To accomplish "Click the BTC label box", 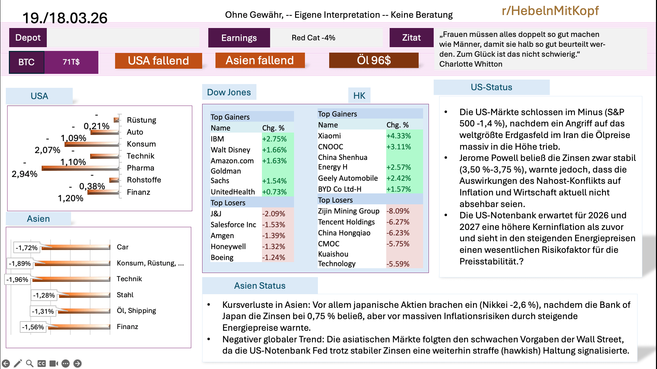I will point(27,62).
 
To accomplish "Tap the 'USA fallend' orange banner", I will point(158,61).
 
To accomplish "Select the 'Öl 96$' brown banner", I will point(374,60).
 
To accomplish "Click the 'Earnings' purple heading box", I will point(239,38).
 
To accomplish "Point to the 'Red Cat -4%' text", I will point(313,38).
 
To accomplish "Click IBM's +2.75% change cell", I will point(275,139).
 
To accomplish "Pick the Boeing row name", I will point(222,258).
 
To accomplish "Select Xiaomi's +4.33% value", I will point(399,136).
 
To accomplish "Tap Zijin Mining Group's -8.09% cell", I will point(398,211).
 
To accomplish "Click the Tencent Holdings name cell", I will point(346,222).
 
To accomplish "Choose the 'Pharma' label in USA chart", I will point(140,168).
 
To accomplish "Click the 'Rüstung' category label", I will point(141,120).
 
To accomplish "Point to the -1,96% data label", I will point(17,280).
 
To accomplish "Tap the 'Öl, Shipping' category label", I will point(136,311).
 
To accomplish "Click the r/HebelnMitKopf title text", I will point(550,11).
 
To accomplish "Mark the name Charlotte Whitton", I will point(471,64).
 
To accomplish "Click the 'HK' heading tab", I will point(359,96).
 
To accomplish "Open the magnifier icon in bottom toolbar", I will point(30,364).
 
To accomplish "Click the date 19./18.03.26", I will point(65,18).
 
